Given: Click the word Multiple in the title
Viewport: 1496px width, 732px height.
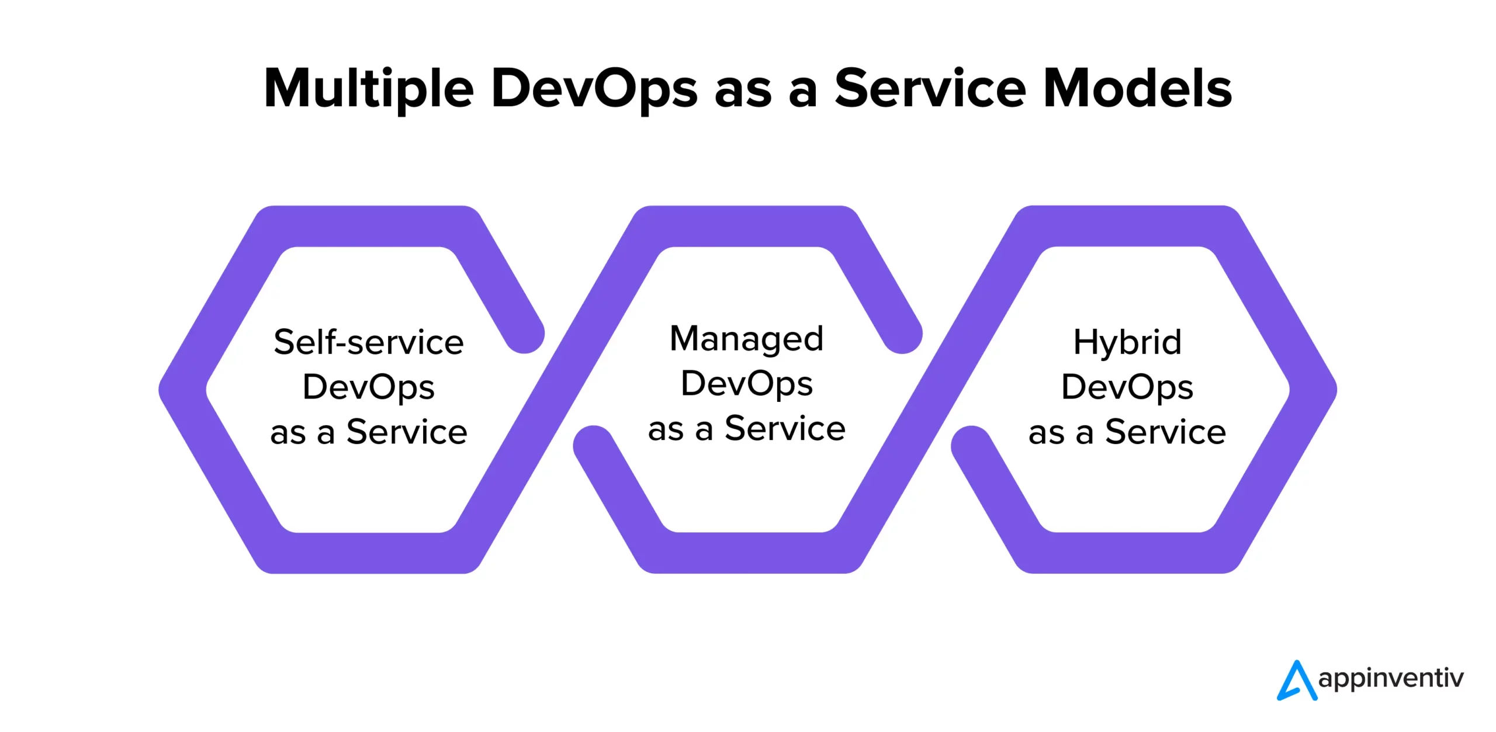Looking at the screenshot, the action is pyautogui.click(x=369, y=89).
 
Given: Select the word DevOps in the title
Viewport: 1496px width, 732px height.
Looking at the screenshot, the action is pyautogui.click(x=594, y=89).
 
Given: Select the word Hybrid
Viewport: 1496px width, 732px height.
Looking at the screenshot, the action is pyautogui.click(x=1127, y=342).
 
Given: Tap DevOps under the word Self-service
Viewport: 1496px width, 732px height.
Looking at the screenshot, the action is pyautogui.click(x=369, y=388).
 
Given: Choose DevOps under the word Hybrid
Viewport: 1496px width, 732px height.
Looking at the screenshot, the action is pyautogui.click(x=1127, y=388).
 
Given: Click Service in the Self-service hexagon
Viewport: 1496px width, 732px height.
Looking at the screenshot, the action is pyautogui.click(x=407, y=432).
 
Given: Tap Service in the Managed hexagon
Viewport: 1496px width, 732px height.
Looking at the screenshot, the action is pyautogui.click(x=785, y=429).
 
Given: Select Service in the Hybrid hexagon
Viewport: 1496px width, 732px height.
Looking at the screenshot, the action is pyautogui.click(x=1165, y=432).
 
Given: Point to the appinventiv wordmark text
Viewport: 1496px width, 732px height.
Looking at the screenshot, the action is pyautogui.click(x=1391, y=678).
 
